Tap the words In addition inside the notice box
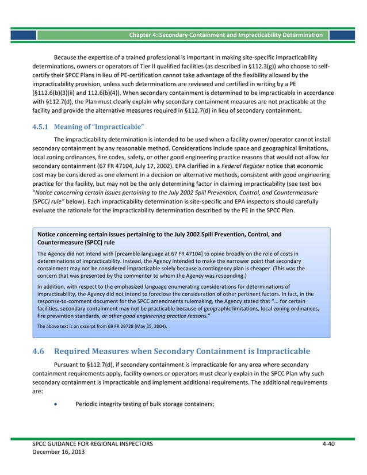pyautogui.click(x=51, y=286)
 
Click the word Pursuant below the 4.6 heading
pyautogui.click(x=67, y=365)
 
